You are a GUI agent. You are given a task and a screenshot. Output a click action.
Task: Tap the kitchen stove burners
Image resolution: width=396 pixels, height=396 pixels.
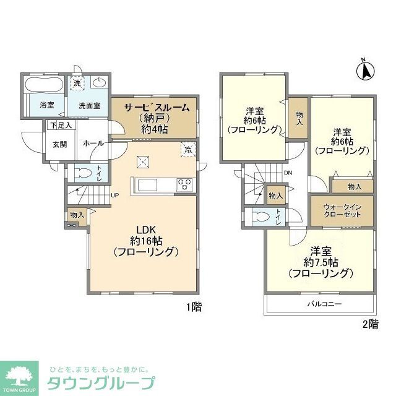185,183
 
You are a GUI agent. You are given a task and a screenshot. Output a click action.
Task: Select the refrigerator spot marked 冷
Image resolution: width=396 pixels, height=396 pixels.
187,149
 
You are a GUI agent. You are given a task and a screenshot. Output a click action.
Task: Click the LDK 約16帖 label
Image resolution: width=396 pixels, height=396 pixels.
146,241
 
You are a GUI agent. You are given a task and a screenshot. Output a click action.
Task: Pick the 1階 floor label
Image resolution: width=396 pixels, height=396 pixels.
193,306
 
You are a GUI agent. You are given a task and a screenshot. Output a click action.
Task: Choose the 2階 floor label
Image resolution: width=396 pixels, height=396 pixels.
369,324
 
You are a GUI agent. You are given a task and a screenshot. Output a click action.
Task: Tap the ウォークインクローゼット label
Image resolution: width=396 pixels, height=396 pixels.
342,210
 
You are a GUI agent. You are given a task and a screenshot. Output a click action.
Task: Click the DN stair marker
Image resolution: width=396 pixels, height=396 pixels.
288,173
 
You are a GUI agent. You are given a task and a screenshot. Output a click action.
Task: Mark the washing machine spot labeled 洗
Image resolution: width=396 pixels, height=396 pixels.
77,83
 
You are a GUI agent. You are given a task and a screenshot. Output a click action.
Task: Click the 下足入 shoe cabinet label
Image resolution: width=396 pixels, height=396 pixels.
61,126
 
